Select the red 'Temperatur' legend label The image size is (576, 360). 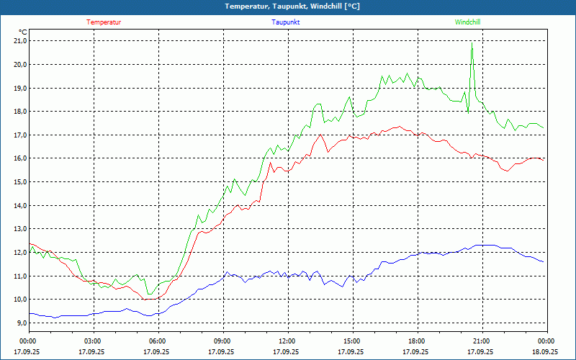[104, 22]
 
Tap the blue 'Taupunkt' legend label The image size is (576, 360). [286, 22]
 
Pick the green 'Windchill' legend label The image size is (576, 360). [467, 22]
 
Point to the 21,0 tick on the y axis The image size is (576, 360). [19, 41]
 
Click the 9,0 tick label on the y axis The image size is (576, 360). [21, 323]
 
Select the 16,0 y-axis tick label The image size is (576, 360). [19, 158]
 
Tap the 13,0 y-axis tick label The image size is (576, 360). [19, 229]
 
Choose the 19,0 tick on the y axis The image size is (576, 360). [19, 88]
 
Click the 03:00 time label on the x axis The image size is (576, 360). [93, 341]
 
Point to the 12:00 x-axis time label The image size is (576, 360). [287, 341]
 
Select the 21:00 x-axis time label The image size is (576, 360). [481, 341]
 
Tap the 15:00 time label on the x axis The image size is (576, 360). [352, 341]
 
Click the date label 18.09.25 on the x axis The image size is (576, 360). [545, 352]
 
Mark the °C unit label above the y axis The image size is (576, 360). [23, 32]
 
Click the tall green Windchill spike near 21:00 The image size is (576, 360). [472, 45]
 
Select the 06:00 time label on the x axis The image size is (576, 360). [158, 341]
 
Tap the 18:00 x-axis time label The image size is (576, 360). [417, 341]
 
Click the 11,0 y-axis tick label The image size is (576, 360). [19, 276]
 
